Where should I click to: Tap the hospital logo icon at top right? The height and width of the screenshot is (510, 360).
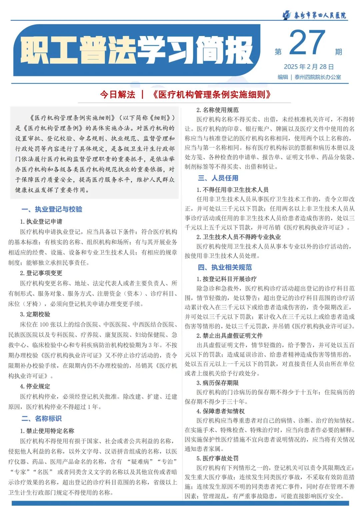coord(286,15)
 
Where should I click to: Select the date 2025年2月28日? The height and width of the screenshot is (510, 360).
coord(309,67)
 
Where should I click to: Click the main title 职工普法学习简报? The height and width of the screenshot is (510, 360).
coord(137,50)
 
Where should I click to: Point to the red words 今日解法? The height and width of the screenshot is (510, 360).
coord(118,95)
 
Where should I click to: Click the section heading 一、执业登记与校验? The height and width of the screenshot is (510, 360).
coord(52,209)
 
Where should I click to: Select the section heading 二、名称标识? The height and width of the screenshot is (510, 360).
coord(42,419)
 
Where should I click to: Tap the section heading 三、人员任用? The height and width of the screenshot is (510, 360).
coord(218,178)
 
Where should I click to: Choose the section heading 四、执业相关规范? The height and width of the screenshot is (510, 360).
coord(225,268)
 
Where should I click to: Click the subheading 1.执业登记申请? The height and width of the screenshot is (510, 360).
coord(41,221)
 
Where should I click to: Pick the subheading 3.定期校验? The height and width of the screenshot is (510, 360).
coord(35,314)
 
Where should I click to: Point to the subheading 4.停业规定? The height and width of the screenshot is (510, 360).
coord(35,386)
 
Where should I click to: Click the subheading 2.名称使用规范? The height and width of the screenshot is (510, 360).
coord(217,110)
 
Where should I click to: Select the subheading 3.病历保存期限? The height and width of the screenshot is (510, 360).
coord(217,383)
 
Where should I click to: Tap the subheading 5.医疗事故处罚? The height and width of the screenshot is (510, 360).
coord(217,458)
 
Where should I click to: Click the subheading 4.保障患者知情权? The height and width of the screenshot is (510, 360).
coord(220,411)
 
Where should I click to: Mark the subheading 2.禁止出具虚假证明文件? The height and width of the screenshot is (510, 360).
coord(229,336)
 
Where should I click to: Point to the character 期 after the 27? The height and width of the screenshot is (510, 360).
coord(338,52)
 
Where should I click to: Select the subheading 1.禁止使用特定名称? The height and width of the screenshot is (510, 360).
coord(47,431)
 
